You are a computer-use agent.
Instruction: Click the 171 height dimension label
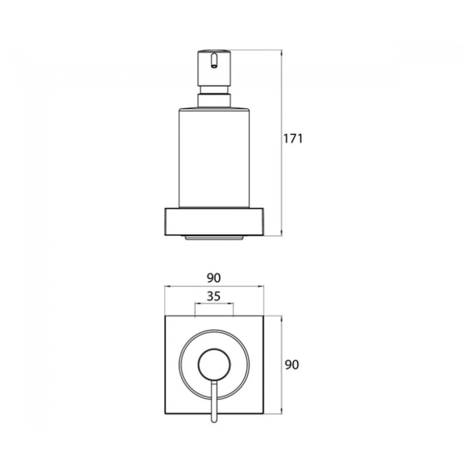point(292,139)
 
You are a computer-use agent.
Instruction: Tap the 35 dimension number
point(214,297)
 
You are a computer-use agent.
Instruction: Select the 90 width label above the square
point(214,278)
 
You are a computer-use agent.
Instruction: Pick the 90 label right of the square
point(291,364)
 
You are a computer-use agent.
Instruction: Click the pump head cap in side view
point(214,68)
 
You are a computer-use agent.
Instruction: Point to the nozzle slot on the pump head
point(214,61)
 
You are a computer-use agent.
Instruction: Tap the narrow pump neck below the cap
point(214,90)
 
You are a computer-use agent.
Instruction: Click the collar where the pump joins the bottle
point(214,100)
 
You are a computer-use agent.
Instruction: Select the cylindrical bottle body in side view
point(214,157)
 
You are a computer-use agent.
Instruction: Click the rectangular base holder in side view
point(214,222)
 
